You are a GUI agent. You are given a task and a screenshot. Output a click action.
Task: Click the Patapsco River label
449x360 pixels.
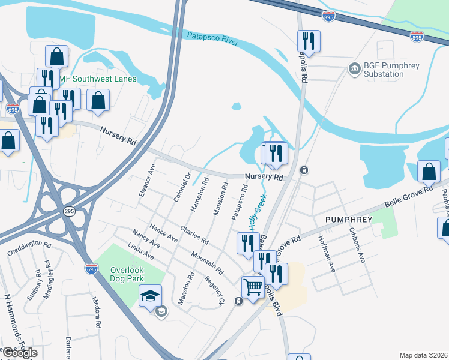click(212, 39)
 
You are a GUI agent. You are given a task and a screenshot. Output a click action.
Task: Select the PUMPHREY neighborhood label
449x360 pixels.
click(349, 220)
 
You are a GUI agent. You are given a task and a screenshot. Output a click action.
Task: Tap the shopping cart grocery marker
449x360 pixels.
click(253, 288)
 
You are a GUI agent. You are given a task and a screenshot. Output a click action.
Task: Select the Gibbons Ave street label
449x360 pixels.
click(358, 248)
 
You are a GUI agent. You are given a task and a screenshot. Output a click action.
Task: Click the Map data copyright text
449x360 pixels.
click(423, 355)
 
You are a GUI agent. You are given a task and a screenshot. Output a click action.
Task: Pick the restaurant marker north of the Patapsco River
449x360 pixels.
click(309, 41)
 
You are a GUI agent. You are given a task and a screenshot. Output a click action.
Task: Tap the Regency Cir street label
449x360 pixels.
click(214, 290)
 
